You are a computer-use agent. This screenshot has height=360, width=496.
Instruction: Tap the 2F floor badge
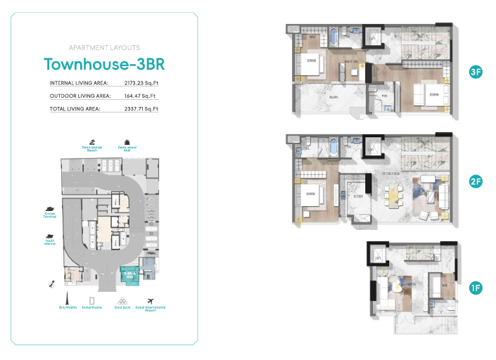point(476,181)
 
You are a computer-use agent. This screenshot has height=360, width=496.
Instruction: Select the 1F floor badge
point(476,288)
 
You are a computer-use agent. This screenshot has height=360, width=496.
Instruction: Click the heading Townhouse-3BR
point(104,64)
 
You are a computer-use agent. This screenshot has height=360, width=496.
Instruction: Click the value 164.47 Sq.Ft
point(141,96)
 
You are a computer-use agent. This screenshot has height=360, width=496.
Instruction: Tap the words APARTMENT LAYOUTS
point(104,48)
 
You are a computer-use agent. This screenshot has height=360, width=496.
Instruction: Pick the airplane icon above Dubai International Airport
point(149,299)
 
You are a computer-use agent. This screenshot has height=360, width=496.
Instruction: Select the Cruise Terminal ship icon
point(50,209)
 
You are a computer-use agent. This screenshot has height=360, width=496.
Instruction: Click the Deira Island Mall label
point(127,149)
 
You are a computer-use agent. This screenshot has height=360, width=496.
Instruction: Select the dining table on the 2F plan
point(391,191)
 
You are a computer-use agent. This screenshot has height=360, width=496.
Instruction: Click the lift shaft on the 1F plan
point(378,254)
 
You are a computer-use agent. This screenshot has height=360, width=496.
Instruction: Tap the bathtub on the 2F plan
point(333,149)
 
